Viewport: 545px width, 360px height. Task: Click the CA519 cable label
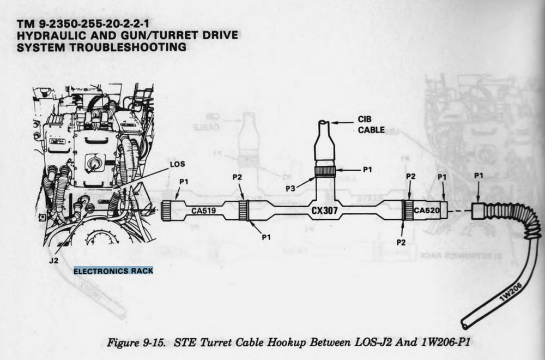tap(204, 211)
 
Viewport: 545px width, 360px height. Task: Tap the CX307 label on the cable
tap(324, 211)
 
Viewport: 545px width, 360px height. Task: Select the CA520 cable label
tap(427, 210)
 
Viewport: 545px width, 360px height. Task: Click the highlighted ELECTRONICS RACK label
tap(113, 271)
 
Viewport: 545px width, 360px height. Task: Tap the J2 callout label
tap(53, 261)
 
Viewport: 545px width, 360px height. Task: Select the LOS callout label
tap(177, 164)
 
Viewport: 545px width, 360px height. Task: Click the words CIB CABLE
tap(371, 124)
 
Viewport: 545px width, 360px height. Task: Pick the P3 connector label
tap(290, 189)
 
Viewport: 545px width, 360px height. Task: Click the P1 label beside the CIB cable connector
tap(367, 170)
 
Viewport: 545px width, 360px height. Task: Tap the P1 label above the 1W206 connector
tap(479, 176)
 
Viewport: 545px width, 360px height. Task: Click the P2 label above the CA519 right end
tap(237, 177)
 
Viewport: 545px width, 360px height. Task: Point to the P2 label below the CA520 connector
tap(401, 242)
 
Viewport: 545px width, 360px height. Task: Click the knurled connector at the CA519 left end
tap(166, 211)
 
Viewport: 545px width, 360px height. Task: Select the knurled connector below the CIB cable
tap(325, 172)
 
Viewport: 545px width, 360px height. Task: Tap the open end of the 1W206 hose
tap(464, 325)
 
